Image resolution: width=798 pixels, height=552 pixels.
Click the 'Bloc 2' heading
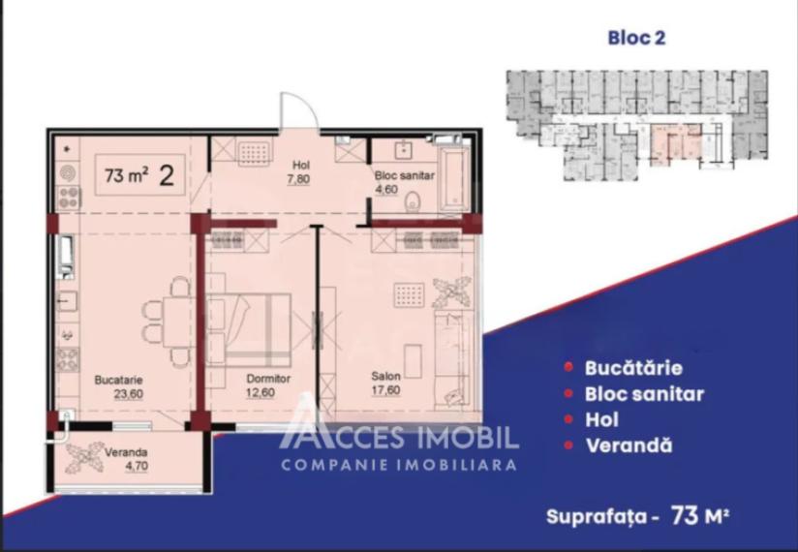[x=636, y=39]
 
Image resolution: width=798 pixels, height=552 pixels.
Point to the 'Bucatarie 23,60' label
[x=119, y=387]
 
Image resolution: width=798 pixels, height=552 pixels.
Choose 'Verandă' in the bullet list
[x=629, y=446]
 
